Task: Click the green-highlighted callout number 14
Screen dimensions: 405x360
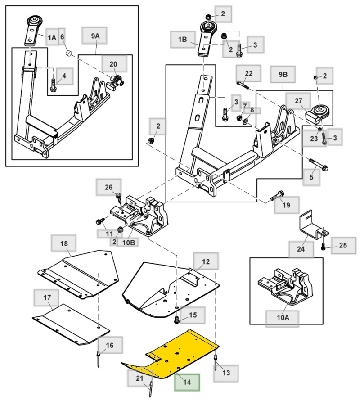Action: click(x=187, y=382)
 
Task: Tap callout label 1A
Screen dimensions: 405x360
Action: click(x=52, y=38)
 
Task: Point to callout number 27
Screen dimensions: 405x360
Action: click(x=299, y=101)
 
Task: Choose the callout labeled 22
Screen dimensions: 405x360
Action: click(x=249, y=73)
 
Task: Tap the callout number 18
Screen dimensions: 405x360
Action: click(x=64, y=243)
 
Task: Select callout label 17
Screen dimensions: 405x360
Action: click(x=47, y=298)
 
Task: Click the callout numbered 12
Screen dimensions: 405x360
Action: click(x=206, y=261)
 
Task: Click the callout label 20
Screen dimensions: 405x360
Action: click(x=112, y=64)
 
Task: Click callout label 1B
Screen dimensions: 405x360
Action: click(x=182, y=40)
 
